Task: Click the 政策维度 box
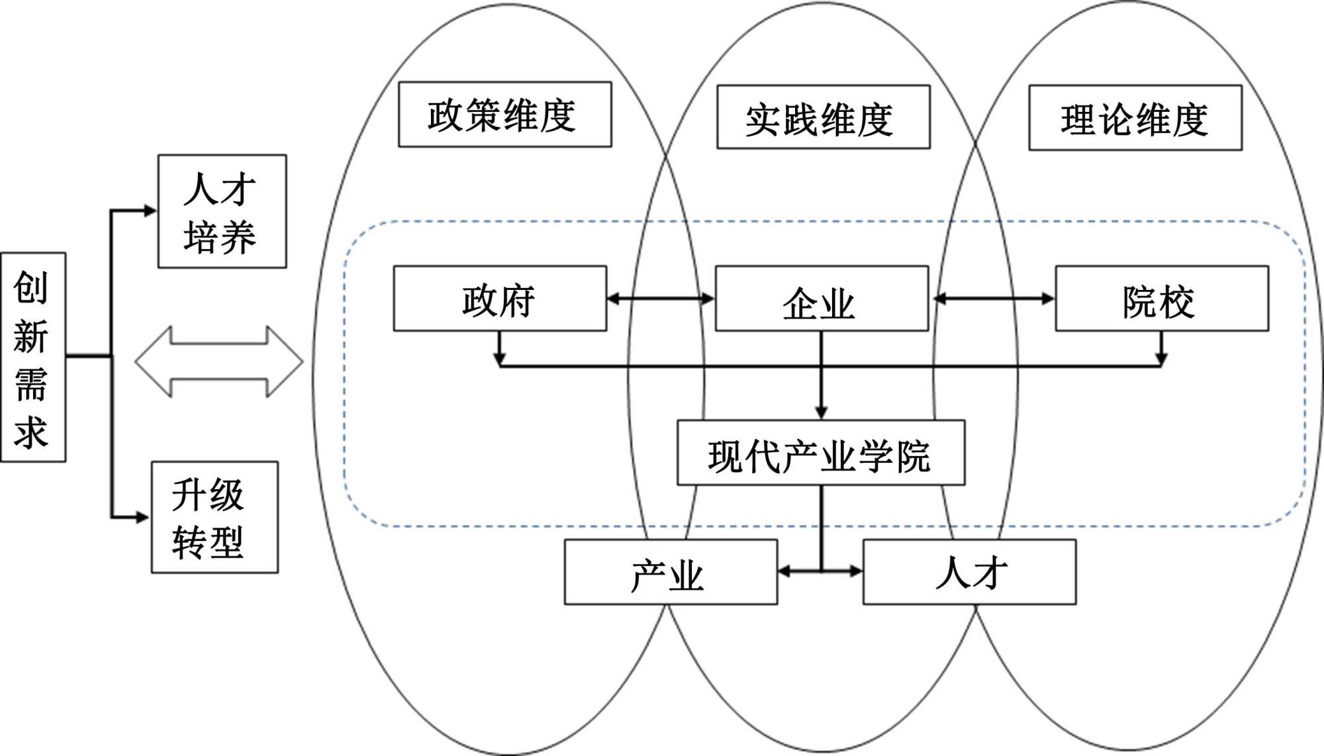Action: [504, 115]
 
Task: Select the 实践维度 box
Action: [823, 117]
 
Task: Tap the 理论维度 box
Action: [1135, 118]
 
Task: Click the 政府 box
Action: [500, 299]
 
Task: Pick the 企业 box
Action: [822, 299]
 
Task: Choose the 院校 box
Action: [1161, 299]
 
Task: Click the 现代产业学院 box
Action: [820, 453]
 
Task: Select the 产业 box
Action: [670, 572]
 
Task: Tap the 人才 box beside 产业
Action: [969, 572]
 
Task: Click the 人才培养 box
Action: [222, 212]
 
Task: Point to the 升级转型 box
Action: [214, 517]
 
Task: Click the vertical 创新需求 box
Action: [33, 357]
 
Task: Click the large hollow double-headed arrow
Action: [219, 361]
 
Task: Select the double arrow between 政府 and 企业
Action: [661, 299]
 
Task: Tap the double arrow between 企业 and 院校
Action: [993, 299]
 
